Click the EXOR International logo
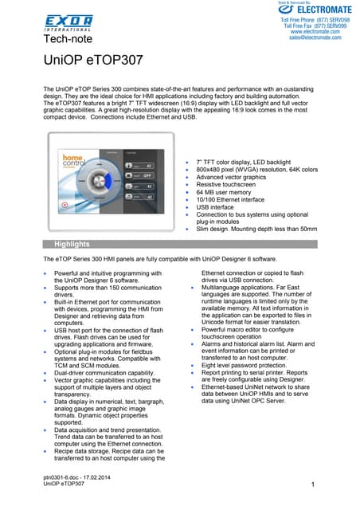[68, 22]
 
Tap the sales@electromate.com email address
[316, 37]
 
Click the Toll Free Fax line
[315, 25]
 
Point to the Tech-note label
[68, 38]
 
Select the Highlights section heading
[72, 244]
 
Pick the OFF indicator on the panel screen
[147, 173]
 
